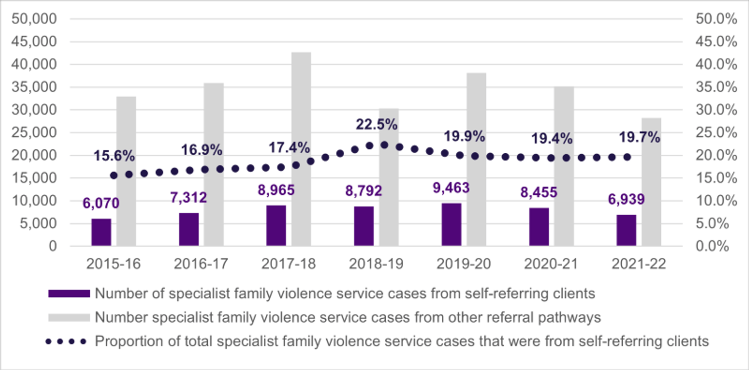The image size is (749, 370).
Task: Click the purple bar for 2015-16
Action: (101, 232)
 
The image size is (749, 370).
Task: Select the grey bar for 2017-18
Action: (301, 149)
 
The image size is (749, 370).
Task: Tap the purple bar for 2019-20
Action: (452, 225)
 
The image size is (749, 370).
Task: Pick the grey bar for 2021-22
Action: (651, 182)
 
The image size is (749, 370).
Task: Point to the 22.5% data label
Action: (376, 124)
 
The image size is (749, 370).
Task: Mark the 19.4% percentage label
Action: (552, 139)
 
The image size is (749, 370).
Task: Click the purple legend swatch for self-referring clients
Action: (69, 294)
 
